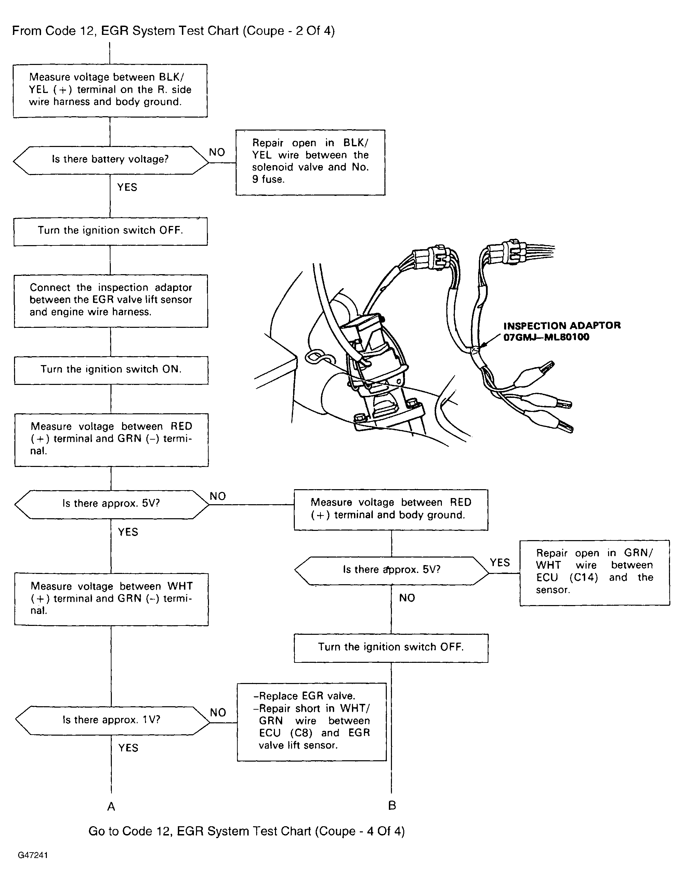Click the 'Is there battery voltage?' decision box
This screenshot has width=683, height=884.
pos(110,160)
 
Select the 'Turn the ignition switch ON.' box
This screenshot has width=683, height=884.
pos(111,370)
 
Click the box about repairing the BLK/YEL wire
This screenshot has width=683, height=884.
pos(310,162)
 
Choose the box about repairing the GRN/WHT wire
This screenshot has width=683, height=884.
pos(594,572)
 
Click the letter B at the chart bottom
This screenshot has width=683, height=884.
pos(392,805)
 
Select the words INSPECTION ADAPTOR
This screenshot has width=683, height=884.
pos(562,325)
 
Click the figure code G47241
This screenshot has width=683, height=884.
pos(33,855)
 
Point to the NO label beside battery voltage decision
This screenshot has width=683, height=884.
pos(216,152)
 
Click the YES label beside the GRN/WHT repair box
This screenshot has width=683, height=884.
pos(500,563)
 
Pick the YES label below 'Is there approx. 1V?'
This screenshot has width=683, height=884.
pos(128,748)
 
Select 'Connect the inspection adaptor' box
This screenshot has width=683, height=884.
pos(111,301)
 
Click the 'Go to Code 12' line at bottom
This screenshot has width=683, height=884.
pos(246,831)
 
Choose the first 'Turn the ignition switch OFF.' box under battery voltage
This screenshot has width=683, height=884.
pos(110,231)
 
